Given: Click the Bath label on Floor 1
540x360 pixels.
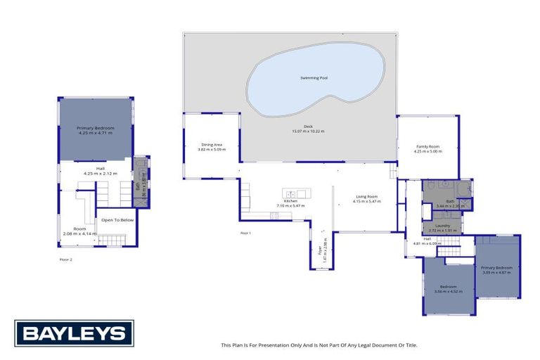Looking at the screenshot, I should pyautogui.click(x=449, y=201).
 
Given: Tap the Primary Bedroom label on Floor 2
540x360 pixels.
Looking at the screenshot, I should pyautogui.click(x=95, y=127).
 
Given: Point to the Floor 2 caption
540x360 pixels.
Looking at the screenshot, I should pyautogui.click(x=66, y=259).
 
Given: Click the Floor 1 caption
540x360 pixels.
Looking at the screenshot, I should pyautogui.click(x=245, y=232).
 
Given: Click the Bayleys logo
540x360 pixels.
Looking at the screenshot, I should pyautogui.click(x=74, y=333).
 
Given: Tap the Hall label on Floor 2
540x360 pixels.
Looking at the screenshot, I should pyautogui.click(x=99, y=169).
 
